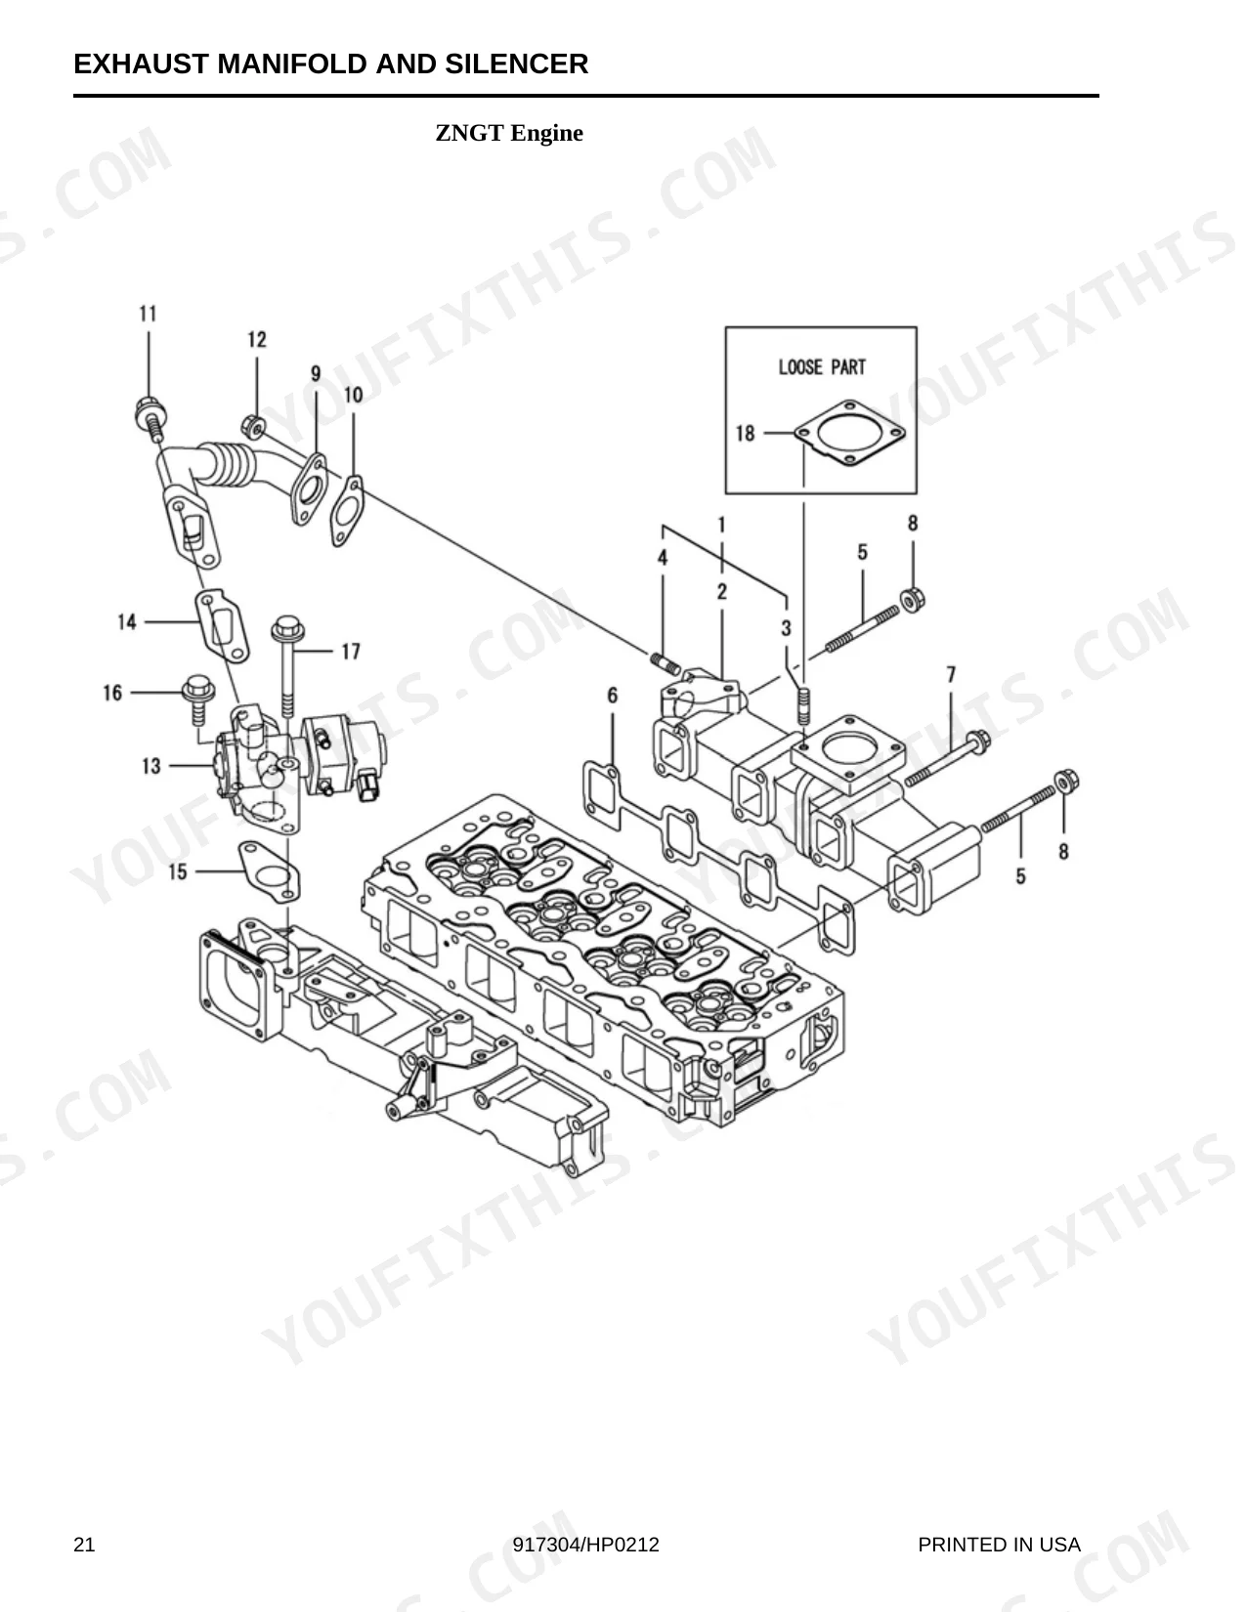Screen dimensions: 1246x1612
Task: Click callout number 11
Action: [149, 314]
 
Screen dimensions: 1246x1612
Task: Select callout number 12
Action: [257, 340]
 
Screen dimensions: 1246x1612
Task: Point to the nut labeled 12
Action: [254, 427]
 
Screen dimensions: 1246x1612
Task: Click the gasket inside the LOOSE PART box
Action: [850, 433]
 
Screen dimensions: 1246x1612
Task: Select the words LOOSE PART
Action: [822, 367]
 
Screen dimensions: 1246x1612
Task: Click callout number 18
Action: [745, 433]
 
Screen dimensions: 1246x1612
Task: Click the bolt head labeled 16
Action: [198, 689]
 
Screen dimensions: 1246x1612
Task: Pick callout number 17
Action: [350, 652]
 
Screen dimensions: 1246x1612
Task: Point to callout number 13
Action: [151, 766]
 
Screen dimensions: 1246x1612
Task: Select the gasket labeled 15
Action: [270, 870]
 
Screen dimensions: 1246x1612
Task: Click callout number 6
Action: [612, 695]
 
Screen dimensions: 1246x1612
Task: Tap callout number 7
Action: [952, 674]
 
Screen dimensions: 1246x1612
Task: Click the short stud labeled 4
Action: [666, 662]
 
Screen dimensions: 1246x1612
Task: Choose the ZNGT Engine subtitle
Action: [509, 133]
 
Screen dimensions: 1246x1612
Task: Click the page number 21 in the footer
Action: [84, 1545]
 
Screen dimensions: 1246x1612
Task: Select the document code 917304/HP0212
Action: [585, 1545]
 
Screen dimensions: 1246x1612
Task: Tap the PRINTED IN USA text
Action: [999, 1545]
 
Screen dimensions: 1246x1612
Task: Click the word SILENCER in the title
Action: [517, 64]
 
